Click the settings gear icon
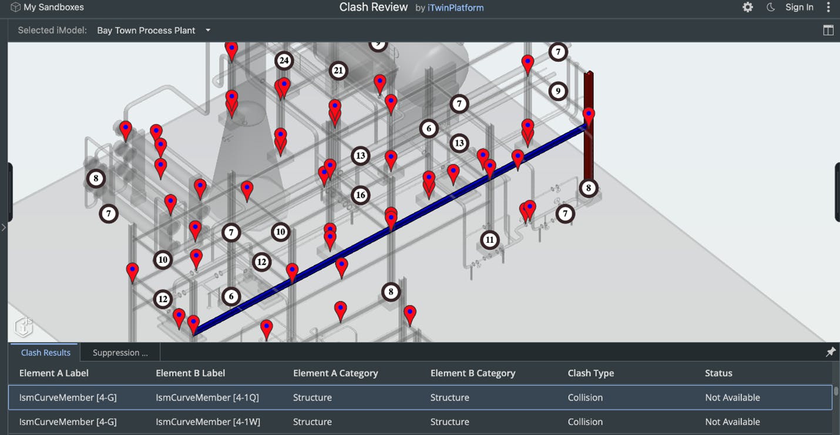coord(747,8)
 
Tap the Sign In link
coord(799,8)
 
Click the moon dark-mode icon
coord(771,8)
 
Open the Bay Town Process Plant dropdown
coord(153,31)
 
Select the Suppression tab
coord(120,353)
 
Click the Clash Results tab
coord(45,353)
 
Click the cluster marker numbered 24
coord(284,61)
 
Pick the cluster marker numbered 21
coord(338,71)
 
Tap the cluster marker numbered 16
coord(360,195)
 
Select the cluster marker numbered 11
coord(489,240)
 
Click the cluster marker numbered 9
coord(557,92)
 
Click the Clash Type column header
coord(590,373)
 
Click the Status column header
coord(718,373)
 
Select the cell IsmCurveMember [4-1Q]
coord(207,398)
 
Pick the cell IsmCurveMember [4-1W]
coord(207,422)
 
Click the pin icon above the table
coord(830,352)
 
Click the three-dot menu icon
coord(828,8)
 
